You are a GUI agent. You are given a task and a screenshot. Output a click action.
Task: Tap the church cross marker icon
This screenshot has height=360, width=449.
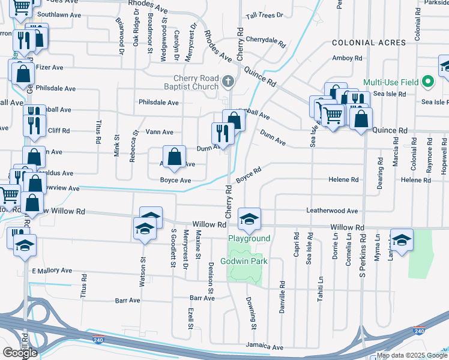point(228,81)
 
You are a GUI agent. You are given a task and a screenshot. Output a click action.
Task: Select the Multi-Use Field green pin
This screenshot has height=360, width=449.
point(427,82)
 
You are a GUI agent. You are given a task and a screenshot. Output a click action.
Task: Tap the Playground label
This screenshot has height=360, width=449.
point(249,238)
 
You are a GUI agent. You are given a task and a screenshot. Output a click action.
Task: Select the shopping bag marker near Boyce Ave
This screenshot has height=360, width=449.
point(174,157)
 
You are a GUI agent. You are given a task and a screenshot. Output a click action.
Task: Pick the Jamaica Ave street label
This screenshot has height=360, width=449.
point(264,347)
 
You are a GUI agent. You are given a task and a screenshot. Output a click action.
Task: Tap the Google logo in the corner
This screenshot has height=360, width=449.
point(20,352)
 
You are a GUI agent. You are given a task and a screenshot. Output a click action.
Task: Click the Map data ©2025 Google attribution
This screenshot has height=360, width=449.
point(411,355)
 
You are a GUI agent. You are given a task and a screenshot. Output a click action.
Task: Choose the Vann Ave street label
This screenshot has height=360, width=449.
point(160,132)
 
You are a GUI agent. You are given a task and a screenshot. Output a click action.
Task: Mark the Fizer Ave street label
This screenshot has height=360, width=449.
point(50,68)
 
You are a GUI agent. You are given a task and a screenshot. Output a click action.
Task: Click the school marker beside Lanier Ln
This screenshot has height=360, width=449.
point(402,239)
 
